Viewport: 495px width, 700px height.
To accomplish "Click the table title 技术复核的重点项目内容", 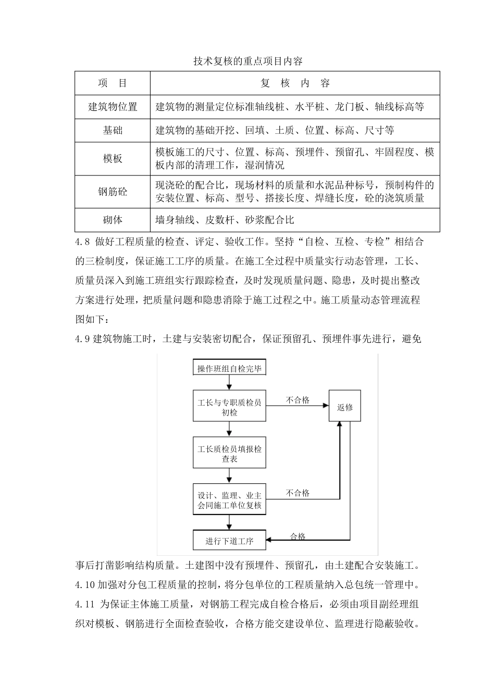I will pyautogui.click(x=247, y=61).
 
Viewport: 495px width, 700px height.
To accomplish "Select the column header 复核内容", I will pyautogui.click(x=295, y=83).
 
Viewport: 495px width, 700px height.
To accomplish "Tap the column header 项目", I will pyautogui.click(x=113, y=83).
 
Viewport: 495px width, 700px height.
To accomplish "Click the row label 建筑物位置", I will pyautogui.click(x=113, y=107).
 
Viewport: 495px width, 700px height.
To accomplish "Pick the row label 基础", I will pyautogui.click(x=113, y=130).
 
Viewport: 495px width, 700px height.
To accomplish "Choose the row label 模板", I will pyautogui.click(x=113, y=159).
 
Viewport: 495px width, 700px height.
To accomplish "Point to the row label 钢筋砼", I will pyautogui.click(x=113, y=192).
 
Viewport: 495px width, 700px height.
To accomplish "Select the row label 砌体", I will pyautogui.click(x=113, y=220).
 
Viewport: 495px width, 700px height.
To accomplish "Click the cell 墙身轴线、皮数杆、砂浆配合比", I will pyautogui.click(x=225, y=220).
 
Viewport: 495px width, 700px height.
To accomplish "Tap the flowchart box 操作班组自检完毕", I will pyautogui.click(x=229, y=369).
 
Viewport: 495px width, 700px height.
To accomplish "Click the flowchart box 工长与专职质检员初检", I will pyautogui.click(x=229, y=407).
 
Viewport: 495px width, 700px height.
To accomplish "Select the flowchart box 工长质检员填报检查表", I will pyautogui.click(x=229, y=453).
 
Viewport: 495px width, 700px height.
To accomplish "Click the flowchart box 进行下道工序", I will pyautogui.click(x=229, y=541).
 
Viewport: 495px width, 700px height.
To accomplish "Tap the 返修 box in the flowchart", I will pyautogui.click(x=344, y=407).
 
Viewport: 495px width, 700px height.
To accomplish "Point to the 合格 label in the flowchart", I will pyautogui.click(x=298, y=536).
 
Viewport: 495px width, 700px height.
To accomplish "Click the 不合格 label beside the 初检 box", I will pyautogui.click(x=298, y=400).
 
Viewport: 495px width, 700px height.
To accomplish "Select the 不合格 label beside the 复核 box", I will pyautogui.click(x=298, y=493).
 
